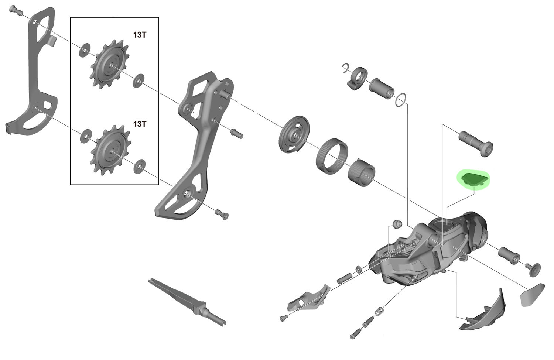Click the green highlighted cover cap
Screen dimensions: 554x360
tap(472, 180)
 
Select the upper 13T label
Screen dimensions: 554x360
tap(140, 35)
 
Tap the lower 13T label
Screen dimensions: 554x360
tap(140, 124)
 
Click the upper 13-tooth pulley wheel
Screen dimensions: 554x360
tap(110, 65)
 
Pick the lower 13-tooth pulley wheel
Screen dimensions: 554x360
tap(111, 150)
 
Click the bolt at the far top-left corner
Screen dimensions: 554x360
tap(16, 10)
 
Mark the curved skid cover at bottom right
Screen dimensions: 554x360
tap(482, 312)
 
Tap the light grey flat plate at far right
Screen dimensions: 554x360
tap(532, 295)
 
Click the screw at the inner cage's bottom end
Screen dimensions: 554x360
tap(222, 215)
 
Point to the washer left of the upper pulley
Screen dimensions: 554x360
tap(85, 50)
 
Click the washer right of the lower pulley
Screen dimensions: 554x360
tap(140, 166)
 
